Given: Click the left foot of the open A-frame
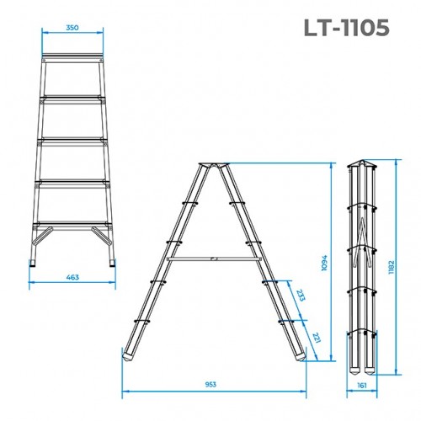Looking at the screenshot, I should click(129, 354).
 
